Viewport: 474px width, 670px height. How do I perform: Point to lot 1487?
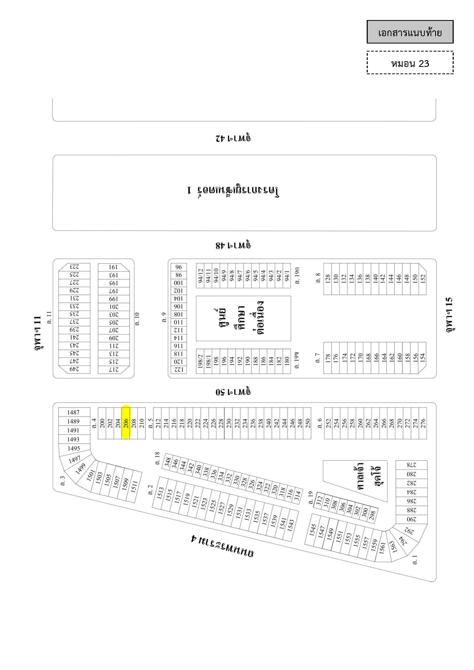click(x=73, y=412)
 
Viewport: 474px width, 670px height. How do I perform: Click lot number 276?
click(x=423, y=423)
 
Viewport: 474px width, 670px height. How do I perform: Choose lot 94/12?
click(x=200, y=275)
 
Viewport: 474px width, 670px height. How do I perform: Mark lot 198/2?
click(x=200, y=361)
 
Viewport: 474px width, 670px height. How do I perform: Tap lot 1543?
click(x=291, y=525)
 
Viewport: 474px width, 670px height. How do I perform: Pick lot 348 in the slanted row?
click(x=167, y=462)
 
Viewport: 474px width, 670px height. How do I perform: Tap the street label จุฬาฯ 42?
click(x=234, y=137)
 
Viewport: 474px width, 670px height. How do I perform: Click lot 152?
click(x=423, y=279)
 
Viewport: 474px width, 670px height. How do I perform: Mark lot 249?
click(x=74, y=369)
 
